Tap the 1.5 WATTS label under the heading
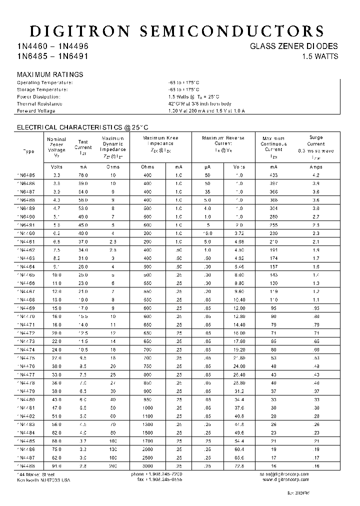coord(320,56)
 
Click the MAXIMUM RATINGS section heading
coord(50,74)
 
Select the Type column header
coord(29,151)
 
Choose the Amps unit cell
coord(316,167)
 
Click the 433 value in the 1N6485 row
coord(273,175)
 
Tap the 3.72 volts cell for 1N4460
coord(238,233)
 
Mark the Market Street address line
coord(36,473)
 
